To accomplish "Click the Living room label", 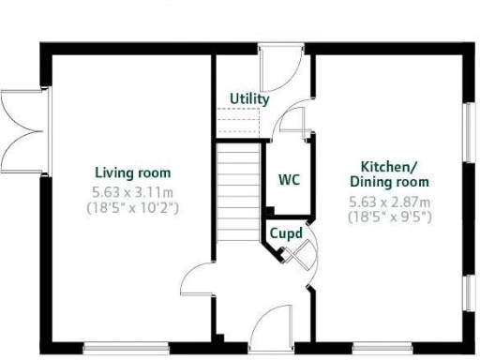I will click(132, 172).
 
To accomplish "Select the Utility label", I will click(249, 98).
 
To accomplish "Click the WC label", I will click(289, 180).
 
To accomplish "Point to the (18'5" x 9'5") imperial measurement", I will click(389, 216).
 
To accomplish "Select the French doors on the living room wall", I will click(21, 128).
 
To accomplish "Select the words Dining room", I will click(389, 181).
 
